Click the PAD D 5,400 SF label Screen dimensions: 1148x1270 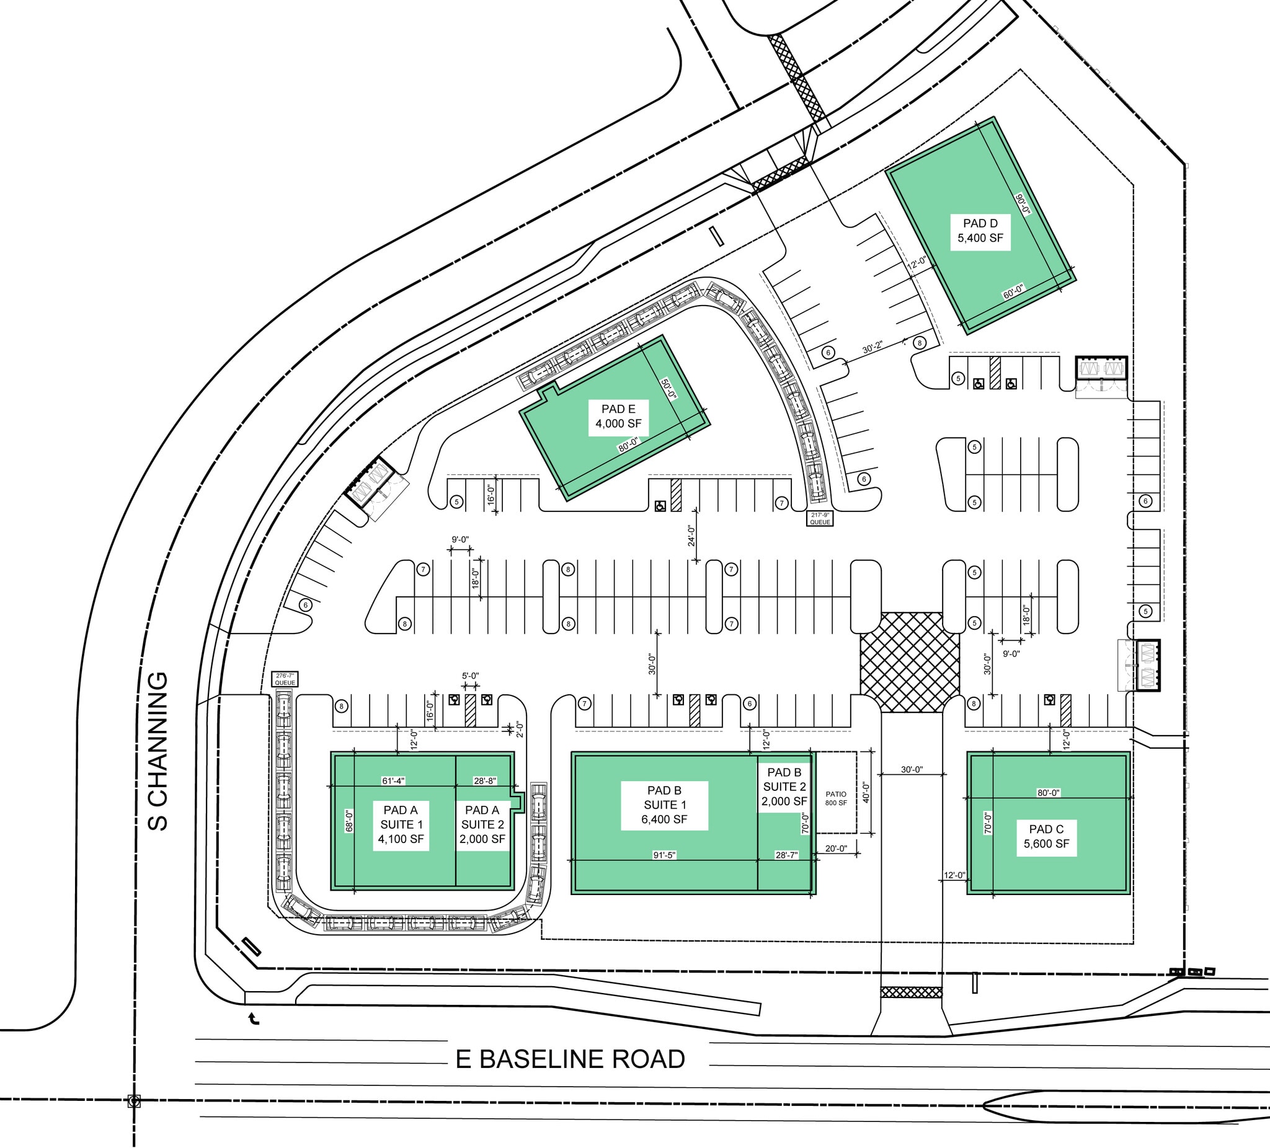pos(980,231)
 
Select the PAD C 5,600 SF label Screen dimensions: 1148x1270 pos(1046,836)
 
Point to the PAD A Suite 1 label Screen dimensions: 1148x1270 pos(401,824)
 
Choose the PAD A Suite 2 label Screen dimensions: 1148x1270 pos(482,824)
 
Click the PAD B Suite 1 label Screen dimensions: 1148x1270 pos(664,805)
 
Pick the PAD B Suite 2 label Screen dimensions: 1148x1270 pos(784,787)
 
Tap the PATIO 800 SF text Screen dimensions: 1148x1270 pos(836,798)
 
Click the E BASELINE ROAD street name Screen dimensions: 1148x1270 pos(570,1059)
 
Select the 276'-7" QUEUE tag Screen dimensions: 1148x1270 pos(285,679)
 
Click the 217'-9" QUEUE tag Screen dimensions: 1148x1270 pos(820,519)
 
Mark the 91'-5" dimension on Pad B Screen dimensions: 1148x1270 pos(664,855)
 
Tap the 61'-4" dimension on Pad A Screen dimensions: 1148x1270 pos(393,781)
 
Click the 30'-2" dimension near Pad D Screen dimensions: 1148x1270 pos(872,348)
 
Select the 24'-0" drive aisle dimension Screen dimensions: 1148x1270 pos(691,536)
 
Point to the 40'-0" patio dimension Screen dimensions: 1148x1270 pos(866,792)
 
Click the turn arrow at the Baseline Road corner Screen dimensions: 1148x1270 pos(254,1018)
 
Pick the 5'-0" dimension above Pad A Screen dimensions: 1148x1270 pos(470,676)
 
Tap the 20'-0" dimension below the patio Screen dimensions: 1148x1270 pos(836,849)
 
